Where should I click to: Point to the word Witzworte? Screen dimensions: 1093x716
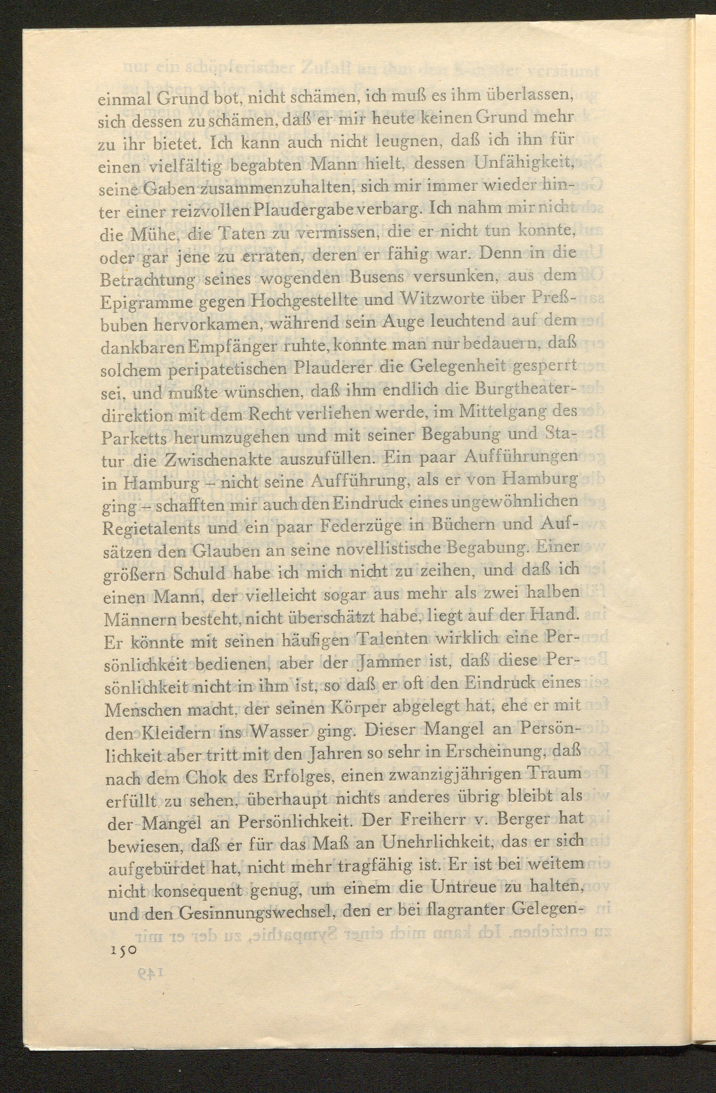pos(429,299)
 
